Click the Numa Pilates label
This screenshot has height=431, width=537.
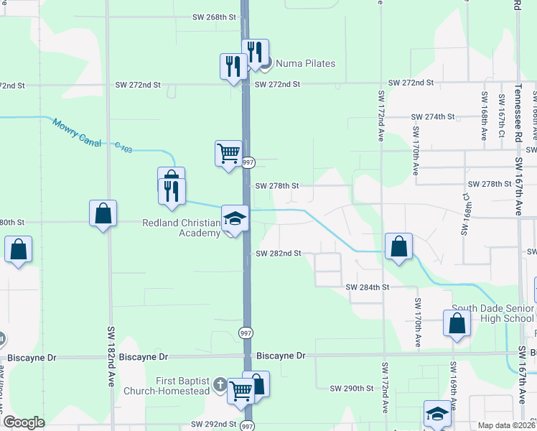[295, 64]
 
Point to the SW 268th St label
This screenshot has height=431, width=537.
[215, 17]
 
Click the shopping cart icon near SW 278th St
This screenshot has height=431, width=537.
[228, 152]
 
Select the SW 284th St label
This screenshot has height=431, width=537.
[367, 287]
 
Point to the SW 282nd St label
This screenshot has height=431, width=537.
[278, 254]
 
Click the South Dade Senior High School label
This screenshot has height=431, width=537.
[492, 313]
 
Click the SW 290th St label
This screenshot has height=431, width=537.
[352, 389]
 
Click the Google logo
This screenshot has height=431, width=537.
[24, 422]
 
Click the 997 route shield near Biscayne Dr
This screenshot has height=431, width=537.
[246, 332]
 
